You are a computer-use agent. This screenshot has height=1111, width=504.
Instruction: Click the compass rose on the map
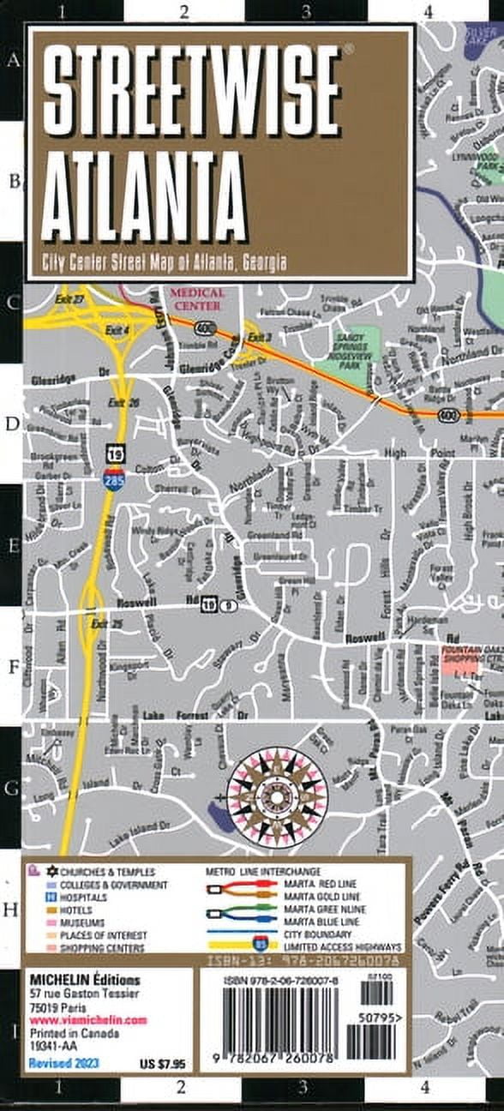[x=276, y=796]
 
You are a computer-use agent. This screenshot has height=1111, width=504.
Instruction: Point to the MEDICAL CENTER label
[x=197, y=298]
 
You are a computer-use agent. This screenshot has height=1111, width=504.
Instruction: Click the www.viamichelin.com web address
[x=88, y=1020]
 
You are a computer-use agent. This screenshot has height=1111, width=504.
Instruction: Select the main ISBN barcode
[x=275, y=1024]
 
